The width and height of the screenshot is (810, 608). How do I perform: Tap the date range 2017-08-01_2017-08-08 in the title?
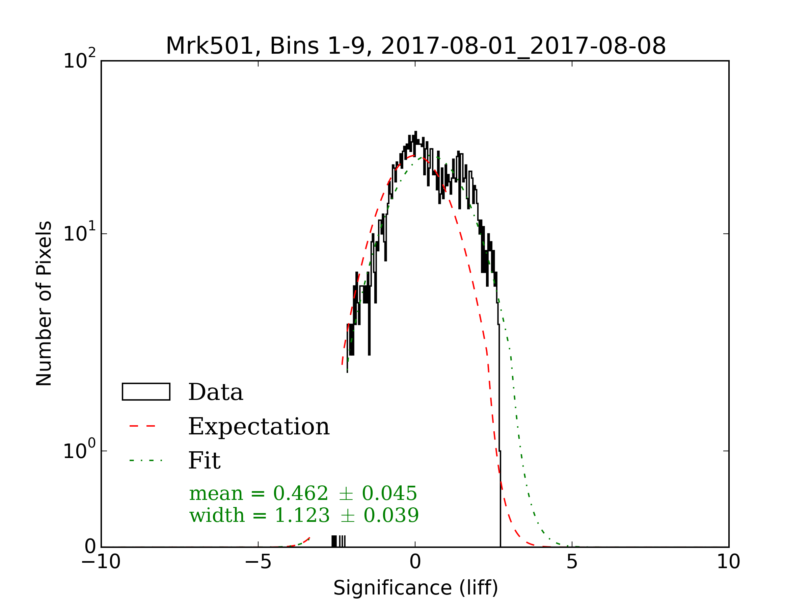click(523, 46)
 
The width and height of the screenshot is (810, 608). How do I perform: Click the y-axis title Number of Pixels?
click(44, 303)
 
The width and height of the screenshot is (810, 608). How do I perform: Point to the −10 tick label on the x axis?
click(101, 561)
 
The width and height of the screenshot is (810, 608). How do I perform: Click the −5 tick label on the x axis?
click(258, 561)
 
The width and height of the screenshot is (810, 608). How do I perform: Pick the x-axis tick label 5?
click(572, 561)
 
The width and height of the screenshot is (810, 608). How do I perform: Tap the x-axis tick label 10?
click(728, 561)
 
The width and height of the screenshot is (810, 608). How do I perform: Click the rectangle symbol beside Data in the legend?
click(146, 392)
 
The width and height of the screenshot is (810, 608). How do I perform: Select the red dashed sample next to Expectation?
click(143, 426)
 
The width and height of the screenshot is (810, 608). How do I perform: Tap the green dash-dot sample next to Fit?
click(146, 460)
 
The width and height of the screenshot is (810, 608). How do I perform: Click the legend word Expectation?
click(259, 427)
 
